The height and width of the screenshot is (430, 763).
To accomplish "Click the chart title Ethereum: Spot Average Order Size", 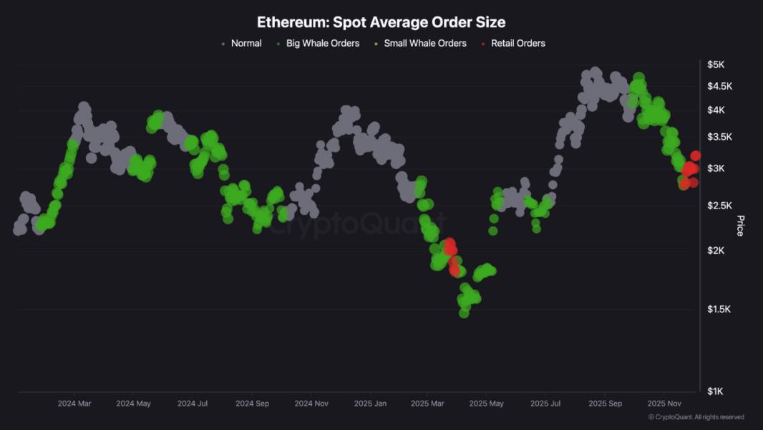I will tap(381, 22).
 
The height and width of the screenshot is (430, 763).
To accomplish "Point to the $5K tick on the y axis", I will tap(716, 64).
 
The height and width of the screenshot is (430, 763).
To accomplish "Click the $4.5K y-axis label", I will tap(719, 87).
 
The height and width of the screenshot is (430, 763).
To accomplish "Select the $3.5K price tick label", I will tap(719, 137).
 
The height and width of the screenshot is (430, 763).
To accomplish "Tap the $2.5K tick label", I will tap(719, 206).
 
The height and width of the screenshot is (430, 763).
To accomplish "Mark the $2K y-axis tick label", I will tap(716, 250).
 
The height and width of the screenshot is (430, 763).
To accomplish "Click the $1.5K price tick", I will tap(719, 310).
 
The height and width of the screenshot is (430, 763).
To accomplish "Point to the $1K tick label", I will tap(716, 391).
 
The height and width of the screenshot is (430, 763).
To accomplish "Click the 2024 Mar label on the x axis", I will tap(74, 403).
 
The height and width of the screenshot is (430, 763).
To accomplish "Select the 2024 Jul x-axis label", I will tap(193, 403).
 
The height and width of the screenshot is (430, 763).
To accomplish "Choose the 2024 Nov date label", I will tap(311, 403).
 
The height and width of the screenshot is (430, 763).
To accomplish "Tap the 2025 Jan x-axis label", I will tap(370, 403).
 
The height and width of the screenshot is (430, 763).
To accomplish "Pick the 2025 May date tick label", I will tap(487, 403).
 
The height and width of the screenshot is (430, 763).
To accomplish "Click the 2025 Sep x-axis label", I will tap(605, 403).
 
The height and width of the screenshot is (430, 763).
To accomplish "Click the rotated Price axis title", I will tap(740, 225).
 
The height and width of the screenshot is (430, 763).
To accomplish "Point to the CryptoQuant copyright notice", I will tap(696, 417).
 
